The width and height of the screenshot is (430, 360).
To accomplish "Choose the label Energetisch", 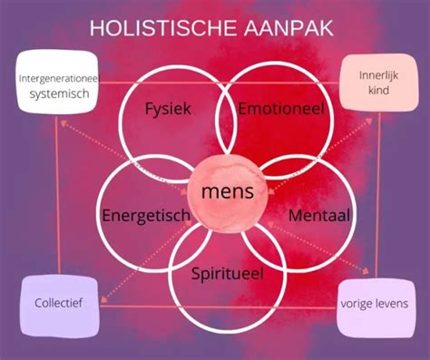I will (145, 216).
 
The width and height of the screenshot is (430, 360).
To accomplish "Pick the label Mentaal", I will (319, 216).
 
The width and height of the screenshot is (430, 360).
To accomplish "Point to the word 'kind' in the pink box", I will (373, 91).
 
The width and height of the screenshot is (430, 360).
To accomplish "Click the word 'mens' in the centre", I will (221, 192).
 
